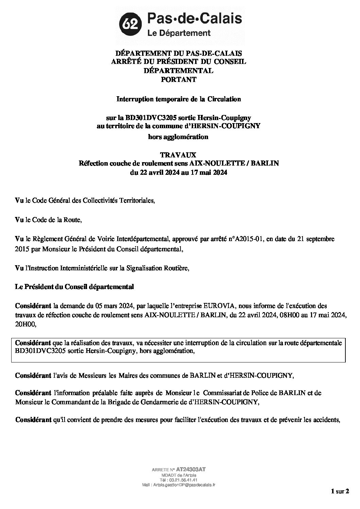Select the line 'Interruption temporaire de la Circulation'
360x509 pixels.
179,99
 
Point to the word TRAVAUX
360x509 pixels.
179,155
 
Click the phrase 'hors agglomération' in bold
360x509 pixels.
179,137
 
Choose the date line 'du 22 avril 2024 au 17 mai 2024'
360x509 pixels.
179,172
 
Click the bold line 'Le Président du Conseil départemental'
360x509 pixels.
75,287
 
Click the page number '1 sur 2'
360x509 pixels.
340,500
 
